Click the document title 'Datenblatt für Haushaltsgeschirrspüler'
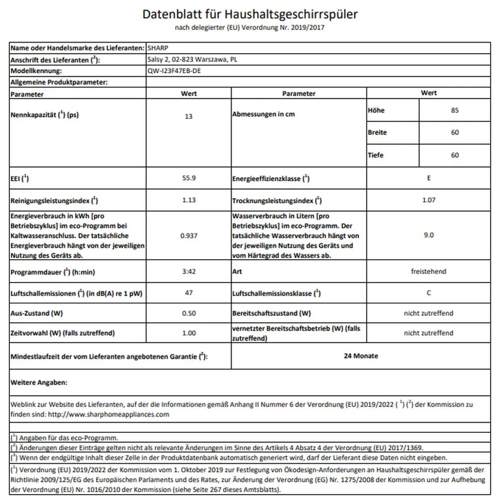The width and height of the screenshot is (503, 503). point(250,14)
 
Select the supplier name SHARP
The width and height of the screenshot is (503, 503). point(158,48)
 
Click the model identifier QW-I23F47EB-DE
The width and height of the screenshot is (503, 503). point(174,71)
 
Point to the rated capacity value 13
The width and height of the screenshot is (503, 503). point(189,116)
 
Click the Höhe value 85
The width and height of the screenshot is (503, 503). point(454,111)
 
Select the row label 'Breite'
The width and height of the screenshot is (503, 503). point(377,133)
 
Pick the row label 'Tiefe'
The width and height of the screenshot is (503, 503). point(376,155)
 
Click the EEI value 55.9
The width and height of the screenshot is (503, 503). point(189,178)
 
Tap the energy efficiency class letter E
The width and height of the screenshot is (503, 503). point(429,178)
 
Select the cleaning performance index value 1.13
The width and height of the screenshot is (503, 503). point(189,200)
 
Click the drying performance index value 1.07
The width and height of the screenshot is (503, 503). point(429,200)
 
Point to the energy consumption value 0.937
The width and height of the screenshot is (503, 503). point(189,235)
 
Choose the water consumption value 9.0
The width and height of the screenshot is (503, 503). point(429,235)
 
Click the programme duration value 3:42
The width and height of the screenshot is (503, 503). point(189,271)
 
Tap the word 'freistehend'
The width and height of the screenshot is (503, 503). point(429,271)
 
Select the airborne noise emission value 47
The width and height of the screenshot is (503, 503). point(189,293)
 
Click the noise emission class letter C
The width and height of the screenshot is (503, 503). point(429,293)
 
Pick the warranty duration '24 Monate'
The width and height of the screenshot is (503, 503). point(361,356)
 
